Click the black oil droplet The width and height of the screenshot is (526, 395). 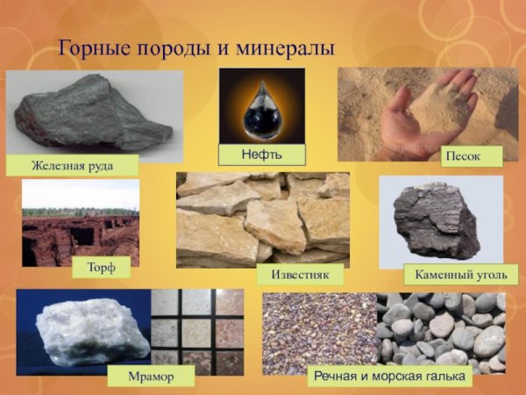click(x=261, y=110)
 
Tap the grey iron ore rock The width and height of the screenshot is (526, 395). click(x=92, y=112)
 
